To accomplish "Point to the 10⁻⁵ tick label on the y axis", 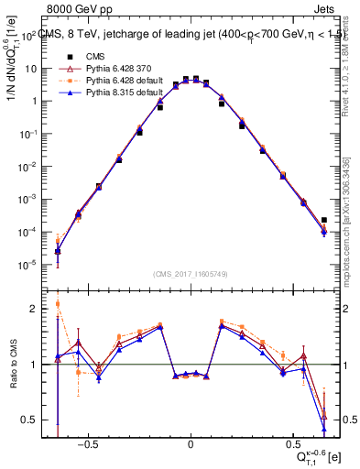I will click(28, 265).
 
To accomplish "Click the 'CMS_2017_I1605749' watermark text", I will click(190, 273).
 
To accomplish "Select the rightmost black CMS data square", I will click(323, 220).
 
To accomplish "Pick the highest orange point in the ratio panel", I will click(58, 304).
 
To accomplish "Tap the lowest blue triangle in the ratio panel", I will click(323, 428).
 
